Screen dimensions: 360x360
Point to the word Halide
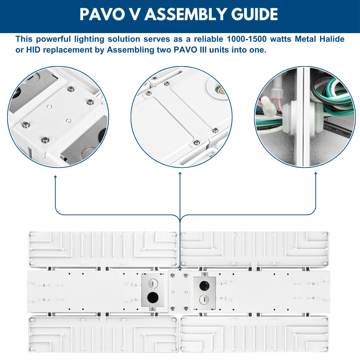pos(331,39)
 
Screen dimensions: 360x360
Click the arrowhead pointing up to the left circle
pos(55,177)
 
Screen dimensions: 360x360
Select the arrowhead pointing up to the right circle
pos(316,174)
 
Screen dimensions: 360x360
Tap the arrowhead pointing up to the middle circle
pos(180,174)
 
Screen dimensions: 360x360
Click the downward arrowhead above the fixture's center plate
pos(180,269)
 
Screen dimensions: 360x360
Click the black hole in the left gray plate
pos(153,297)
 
